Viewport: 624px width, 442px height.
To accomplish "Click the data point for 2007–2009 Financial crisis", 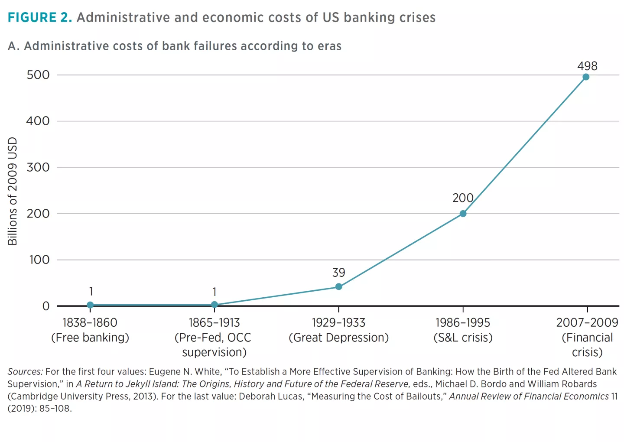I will [x=586, y=77].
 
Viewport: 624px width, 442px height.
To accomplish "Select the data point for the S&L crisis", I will [x=463, y=214].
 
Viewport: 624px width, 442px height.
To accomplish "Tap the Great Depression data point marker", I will [x=339, y=287].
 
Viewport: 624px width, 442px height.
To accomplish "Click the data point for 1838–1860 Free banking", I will [x=90, y=305].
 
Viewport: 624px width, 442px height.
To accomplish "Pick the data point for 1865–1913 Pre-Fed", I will [x=214, y=305].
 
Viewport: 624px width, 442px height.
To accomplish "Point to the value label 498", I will [x=587, y=66].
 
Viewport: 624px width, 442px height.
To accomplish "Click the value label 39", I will [x=339, y=273].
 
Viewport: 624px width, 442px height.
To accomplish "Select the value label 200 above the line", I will [x=463, y=198].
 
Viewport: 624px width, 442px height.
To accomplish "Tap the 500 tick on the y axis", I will [x=38, y=75].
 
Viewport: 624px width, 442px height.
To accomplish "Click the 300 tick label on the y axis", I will [x=38, y=167].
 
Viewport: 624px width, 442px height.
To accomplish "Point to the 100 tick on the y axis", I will [x=39, y=260].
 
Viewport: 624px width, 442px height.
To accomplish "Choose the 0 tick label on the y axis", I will [x=46, y=306].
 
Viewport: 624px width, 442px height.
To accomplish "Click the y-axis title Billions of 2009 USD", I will [x=13, y=191].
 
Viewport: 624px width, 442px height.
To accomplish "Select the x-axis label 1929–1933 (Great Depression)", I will [x=339, y=330].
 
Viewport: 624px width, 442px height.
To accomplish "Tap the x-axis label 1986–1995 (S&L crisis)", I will [x=463, y=330].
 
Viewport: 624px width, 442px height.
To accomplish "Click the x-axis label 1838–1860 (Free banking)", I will [x=90, y=330].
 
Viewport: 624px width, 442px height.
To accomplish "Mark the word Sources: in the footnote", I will [x=25, y=372].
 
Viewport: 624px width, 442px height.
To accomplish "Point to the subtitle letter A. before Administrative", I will [x=14, y=46].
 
